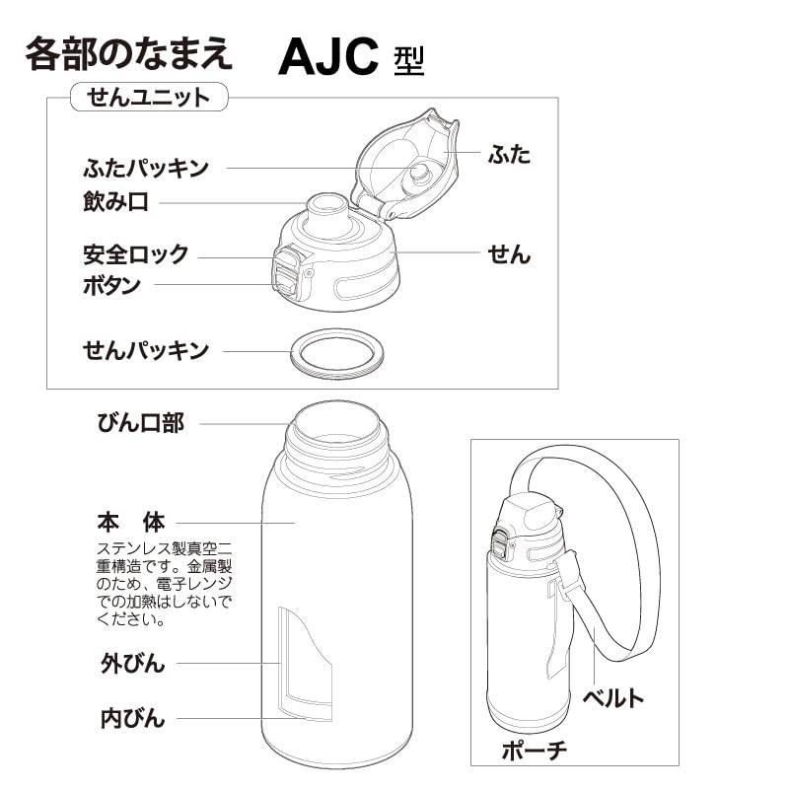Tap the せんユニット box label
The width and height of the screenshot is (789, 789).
148,97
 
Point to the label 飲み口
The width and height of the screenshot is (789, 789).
115,202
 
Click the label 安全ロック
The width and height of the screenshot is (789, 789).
135,253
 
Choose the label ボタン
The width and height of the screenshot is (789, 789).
111,286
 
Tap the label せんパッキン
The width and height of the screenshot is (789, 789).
145,349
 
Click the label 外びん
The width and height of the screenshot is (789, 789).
132,661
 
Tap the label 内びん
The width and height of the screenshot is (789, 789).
132,717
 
